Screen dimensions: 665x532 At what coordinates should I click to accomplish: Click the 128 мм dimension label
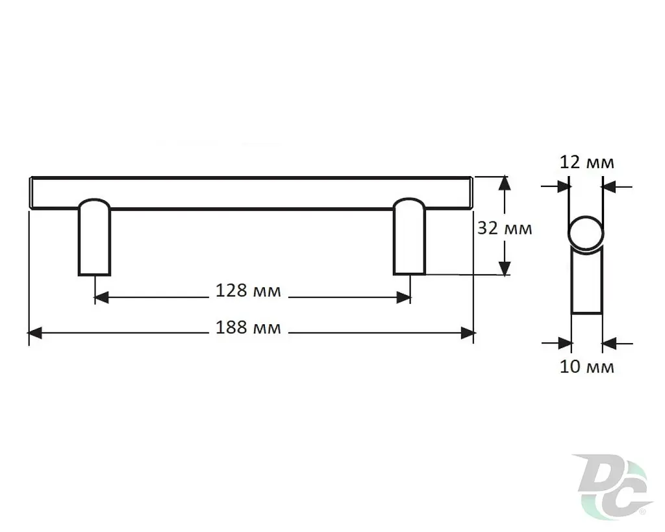[248, 291]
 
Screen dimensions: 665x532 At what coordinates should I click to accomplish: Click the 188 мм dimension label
[248, 328]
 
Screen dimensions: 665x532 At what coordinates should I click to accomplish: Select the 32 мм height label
[505, 229]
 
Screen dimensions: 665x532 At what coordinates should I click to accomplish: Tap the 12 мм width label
[587, 162]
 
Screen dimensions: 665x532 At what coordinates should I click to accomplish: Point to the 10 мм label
[587, 367]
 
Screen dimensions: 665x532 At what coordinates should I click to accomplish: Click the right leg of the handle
[409, 236]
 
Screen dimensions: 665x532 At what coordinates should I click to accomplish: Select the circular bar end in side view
[586, 233]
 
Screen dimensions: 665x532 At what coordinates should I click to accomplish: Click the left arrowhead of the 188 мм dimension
[35, 333]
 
